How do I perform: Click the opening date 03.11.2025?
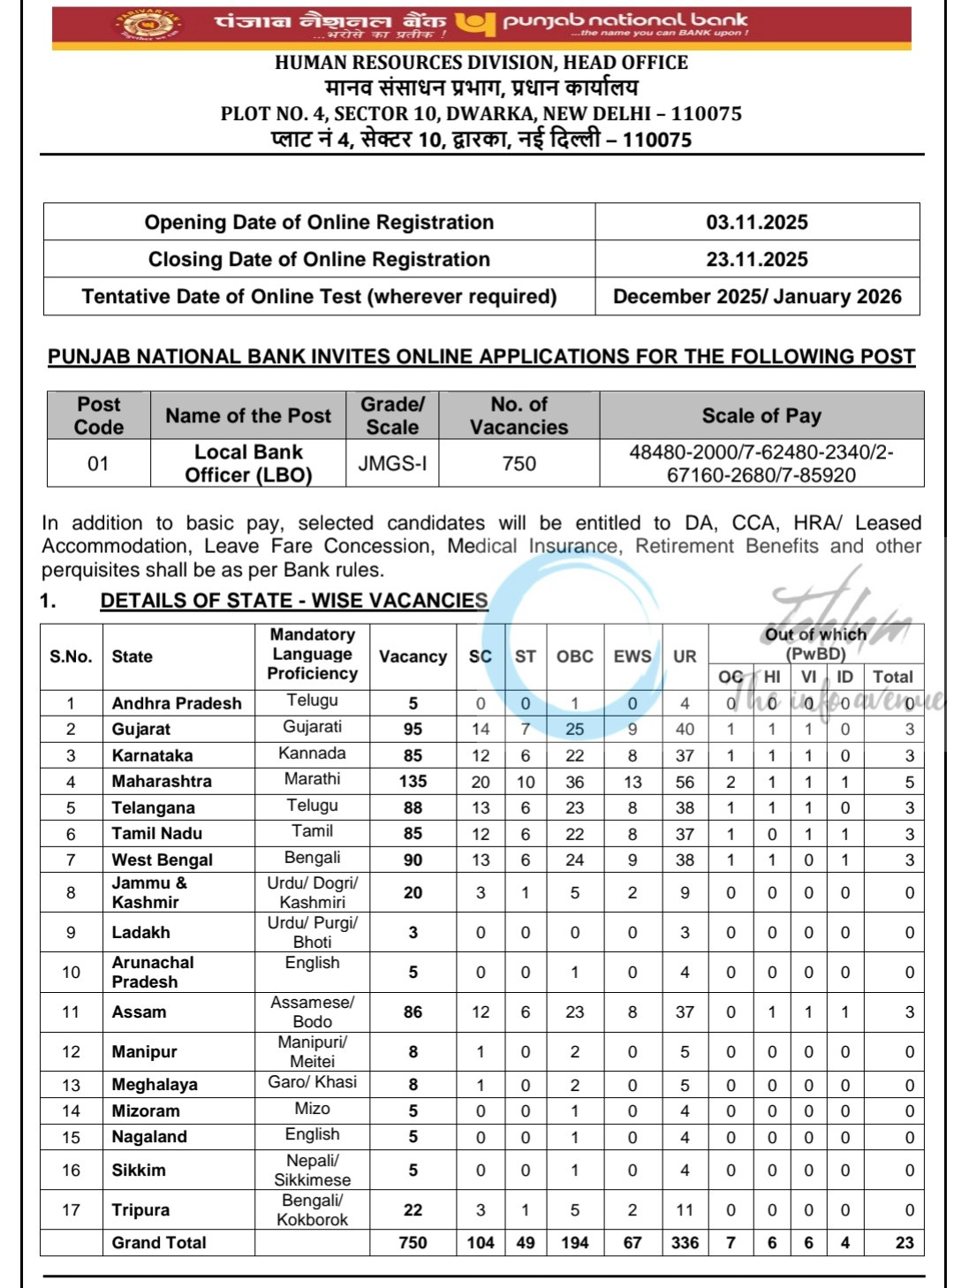tap(756, 222)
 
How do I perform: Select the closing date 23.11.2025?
tap(756, 259)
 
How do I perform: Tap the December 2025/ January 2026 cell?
tap(756, 296)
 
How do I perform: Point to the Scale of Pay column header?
tap(761, 415)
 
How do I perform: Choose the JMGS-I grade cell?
tap(392, 463)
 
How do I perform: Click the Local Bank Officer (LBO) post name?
tap(248, 463)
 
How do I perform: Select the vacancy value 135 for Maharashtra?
tap(413, 781)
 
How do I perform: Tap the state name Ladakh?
tap(140, 932)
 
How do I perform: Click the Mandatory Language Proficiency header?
tap(312, 654)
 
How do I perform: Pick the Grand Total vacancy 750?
tap(413, 1242)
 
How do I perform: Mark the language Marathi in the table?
tap(312, 779)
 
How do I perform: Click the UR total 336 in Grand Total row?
tap(685, 1242)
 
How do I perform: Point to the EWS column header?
tap(632, 656)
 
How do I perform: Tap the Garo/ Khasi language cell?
tap(312, 1082)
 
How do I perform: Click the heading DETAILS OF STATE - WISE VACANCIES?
tap(293, 601)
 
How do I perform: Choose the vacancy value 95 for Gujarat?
tap(413, 729)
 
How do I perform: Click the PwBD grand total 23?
tap(904, 1242)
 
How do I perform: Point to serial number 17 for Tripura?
tap(71, 1209)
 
